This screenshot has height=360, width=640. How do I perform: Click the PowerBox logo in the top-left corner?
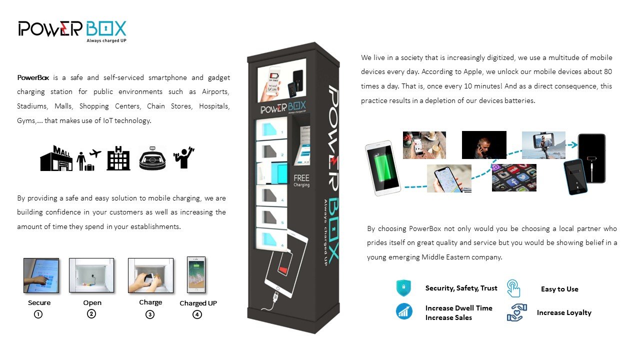click(72, 31)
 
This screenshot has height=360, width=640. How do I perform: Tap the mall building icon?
click(55, 158)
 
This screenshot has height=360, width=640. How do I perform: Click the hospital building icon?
click(118, 158)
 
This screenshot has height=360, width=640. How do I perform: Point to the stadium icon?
click(152, 158)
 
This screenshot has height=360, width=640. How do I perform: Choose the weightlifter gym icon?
click(183, 157)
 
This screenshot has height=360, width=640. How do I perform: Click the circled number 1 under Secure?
click(38, 314)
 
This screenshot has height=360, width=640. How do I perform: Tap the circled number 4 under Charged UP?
click(197, 314)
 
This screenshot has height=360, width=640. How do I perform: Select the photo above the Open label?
click(91, 275)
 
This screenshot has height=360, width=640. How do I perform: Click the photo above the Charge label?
click(150, 275)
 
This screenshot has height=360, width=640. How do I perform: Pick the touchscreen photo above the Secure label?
click(41, 275)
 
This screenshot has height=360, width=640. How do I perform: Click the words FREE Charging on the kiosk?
click(301, 180)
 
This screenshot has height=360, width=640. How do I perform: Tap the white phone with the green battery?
click(383, 168)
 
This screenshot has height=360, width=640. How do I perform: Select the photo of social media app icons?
click(514, 177)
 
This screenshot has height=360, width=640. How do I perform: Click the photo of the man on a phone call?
click(484, 145)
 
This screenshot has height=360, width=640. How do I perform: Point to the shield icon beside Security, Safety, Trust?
click(403, 287)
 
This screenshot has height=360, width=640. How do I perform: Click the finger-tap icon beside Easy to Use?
click(513, 288)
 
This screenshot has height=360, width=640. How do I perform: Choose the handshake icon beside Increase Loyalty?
click(517, 312)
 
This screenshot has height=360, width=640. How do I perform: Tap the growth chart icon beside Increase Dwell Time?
click(404, 311)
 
